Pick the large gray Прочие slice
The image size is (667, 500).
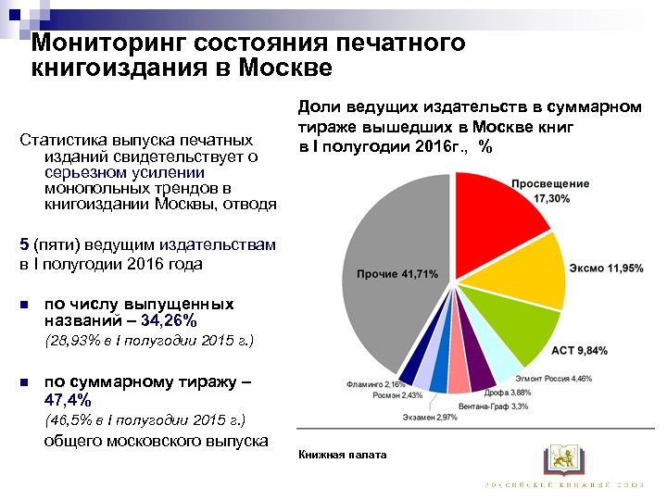(389, 278)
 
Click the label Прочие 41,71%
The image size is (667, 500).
(396, 274)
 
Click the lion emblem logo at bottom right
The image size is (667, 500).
(562, 457)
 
